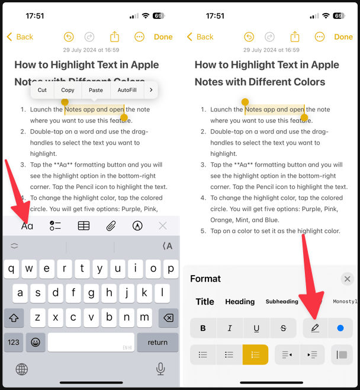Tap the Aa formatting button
(27, 226)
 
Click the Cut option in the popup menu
(42, 90)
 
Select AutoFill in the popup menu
(127, 90)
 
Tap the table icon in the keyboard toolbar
(84, 226)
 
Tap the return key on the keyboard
(157, 342)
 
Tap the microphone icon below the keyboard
(160, 369)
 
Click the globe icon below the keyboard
(22, 369)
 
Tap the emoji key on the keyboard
(36, 342)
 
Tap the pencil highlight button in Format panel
(315, 328)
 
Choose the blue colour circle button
(340, 328)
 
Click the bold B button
(203, 328)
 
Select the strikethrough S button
(283, 328)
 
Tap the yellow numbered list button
(255, 354)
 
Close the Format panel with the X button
(347, 279)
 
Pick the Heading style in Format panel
(240, 302)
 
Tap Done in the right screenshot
(343, 37)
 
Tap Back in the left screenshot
(20, 37)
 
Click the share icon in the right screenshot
(295, 37)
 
